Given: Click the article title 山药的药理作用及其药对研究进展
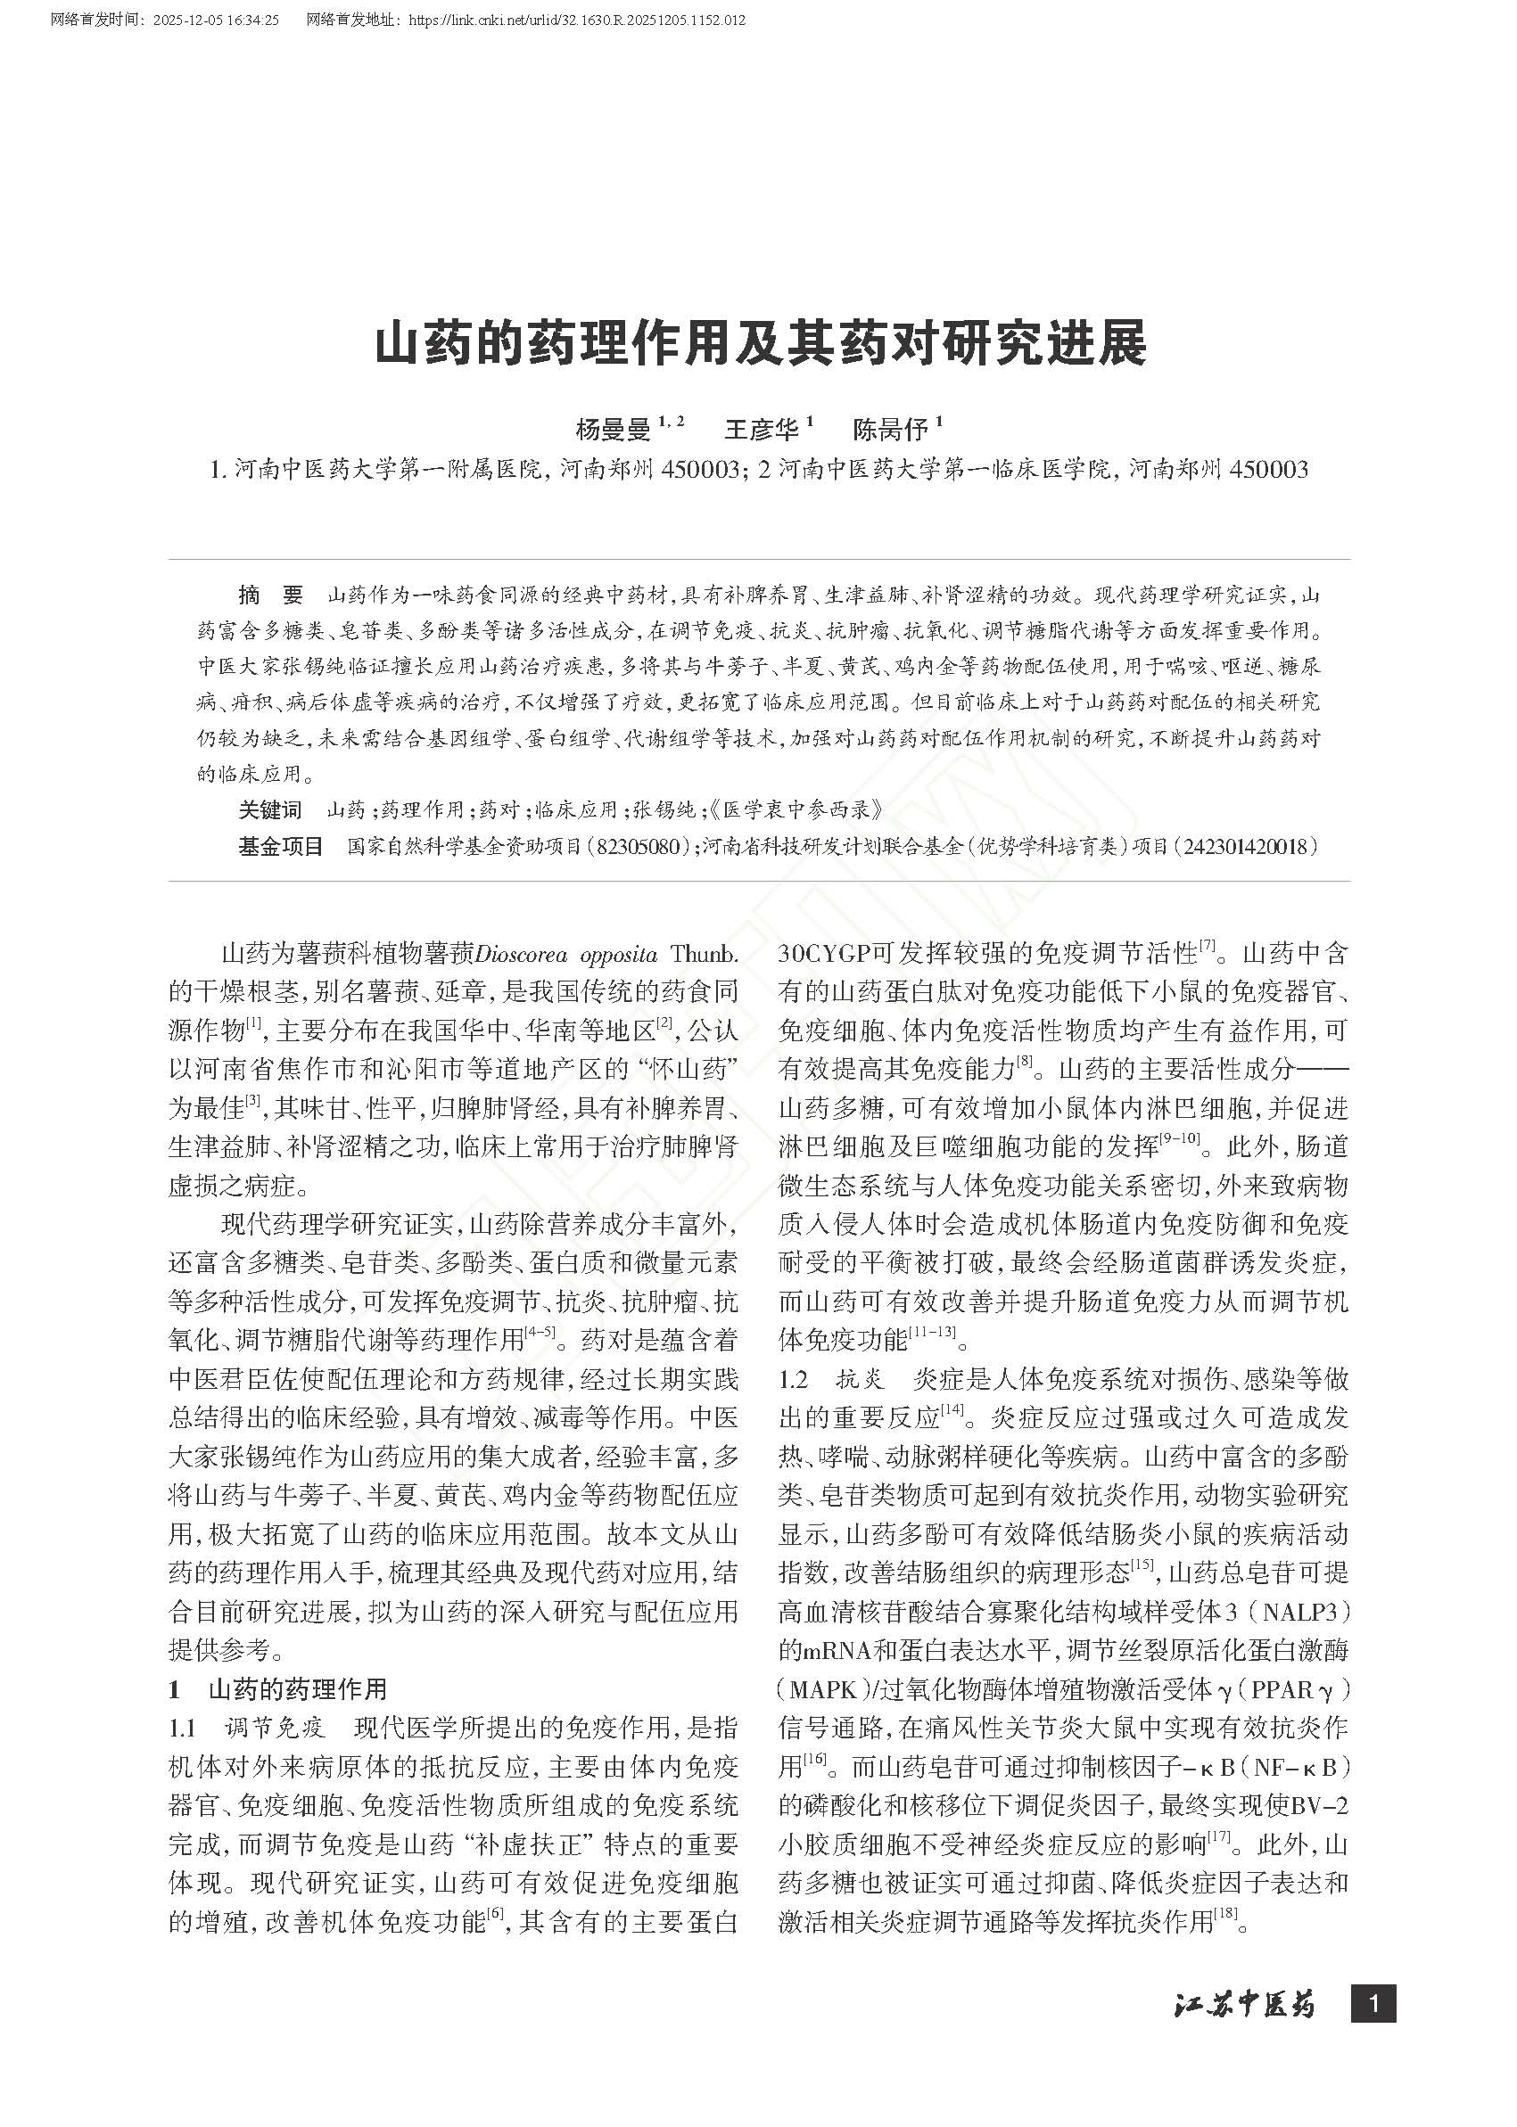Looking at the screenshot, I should coord(760,346).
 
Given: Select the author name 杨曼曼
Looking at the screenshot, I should coord(613,430).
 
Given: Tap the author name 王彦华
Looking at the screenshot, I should coord(762,430).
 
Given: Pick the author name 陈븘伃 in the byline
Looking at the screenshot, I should coord(889,430).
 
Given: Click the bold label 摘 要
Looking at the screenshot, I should coord(271,595).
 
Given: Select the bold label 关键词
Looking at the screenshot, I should coord(270,809).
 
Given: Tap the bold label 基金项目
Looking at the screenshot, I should coord(280,847).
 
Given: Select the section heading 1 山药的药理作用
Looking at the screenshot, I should coord(277,1689).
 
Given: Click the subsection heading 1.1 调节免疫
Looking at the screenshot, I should coord(247,1728).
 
